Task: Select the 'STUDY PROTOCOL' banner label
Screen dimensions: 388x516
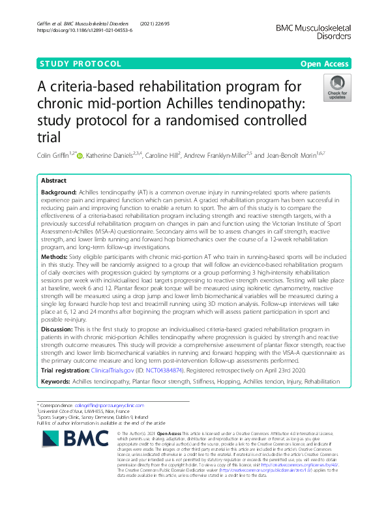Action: pyautogui.click(x=82, y=64)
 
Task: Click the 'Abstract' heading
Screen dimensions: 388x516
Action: pyautogui.click(x=53, y=181)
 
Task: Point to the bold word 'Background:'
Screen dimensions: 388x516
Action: pyautogui.click(x=59, y=194)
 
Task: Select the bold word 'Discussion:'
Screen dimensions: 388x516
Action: pyautogui.click(x=58, y=331)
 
